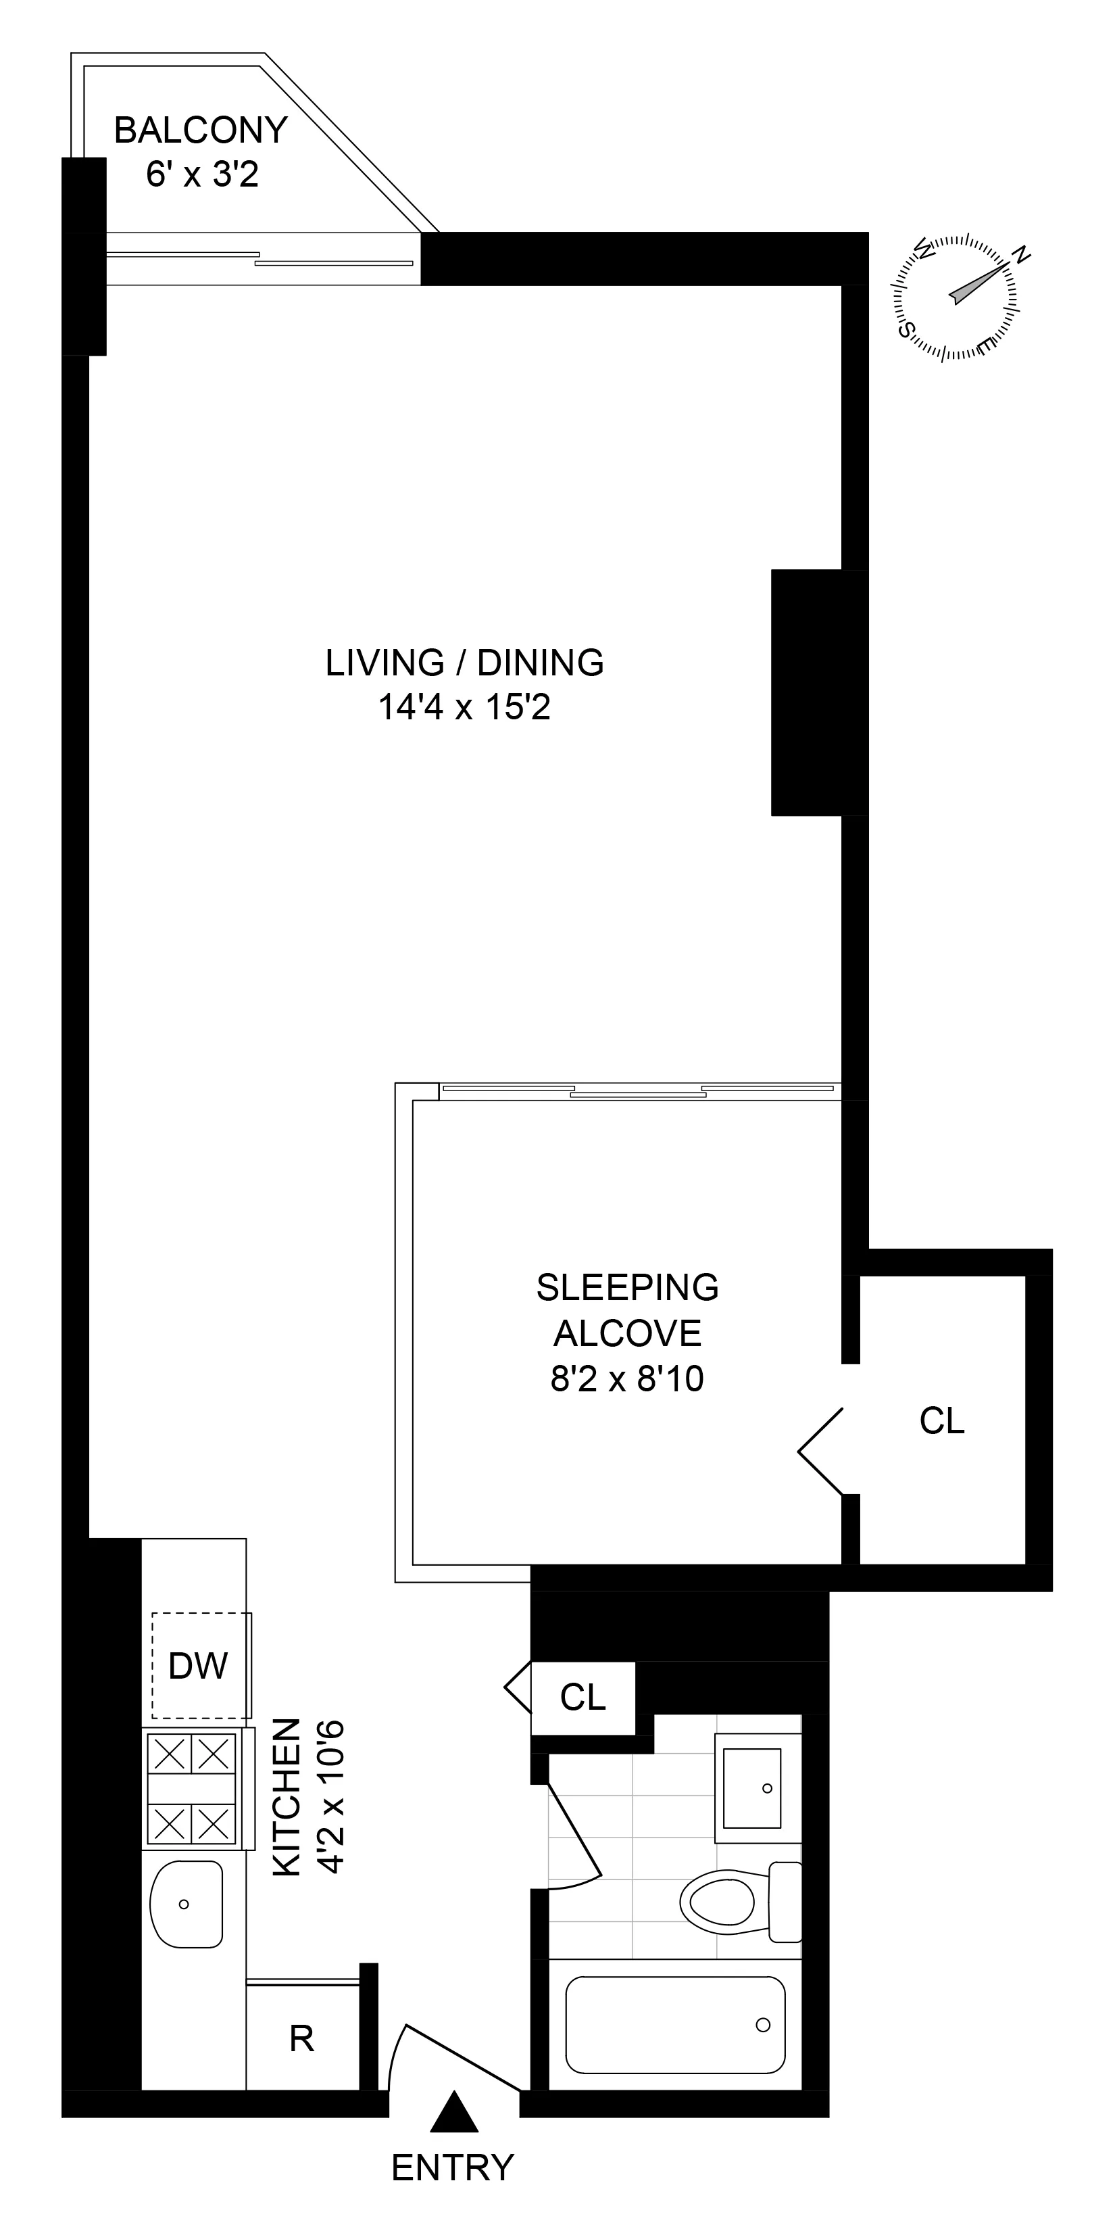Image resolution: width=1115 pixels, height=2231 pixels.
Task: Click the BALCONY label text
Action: tap(201, 130)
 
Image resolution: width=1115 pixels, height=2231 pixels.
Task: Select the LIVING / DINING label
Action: tap(465, 663)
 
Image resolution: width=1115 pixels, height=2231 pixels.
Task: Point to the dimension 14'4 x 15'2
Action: tap(465, 708)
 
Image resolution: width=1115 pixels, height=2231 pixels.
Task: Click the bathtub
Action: tap(675, 2025)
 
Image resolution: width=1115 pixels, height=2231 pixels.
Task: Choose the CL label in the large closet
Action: tap(942, 1420)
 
